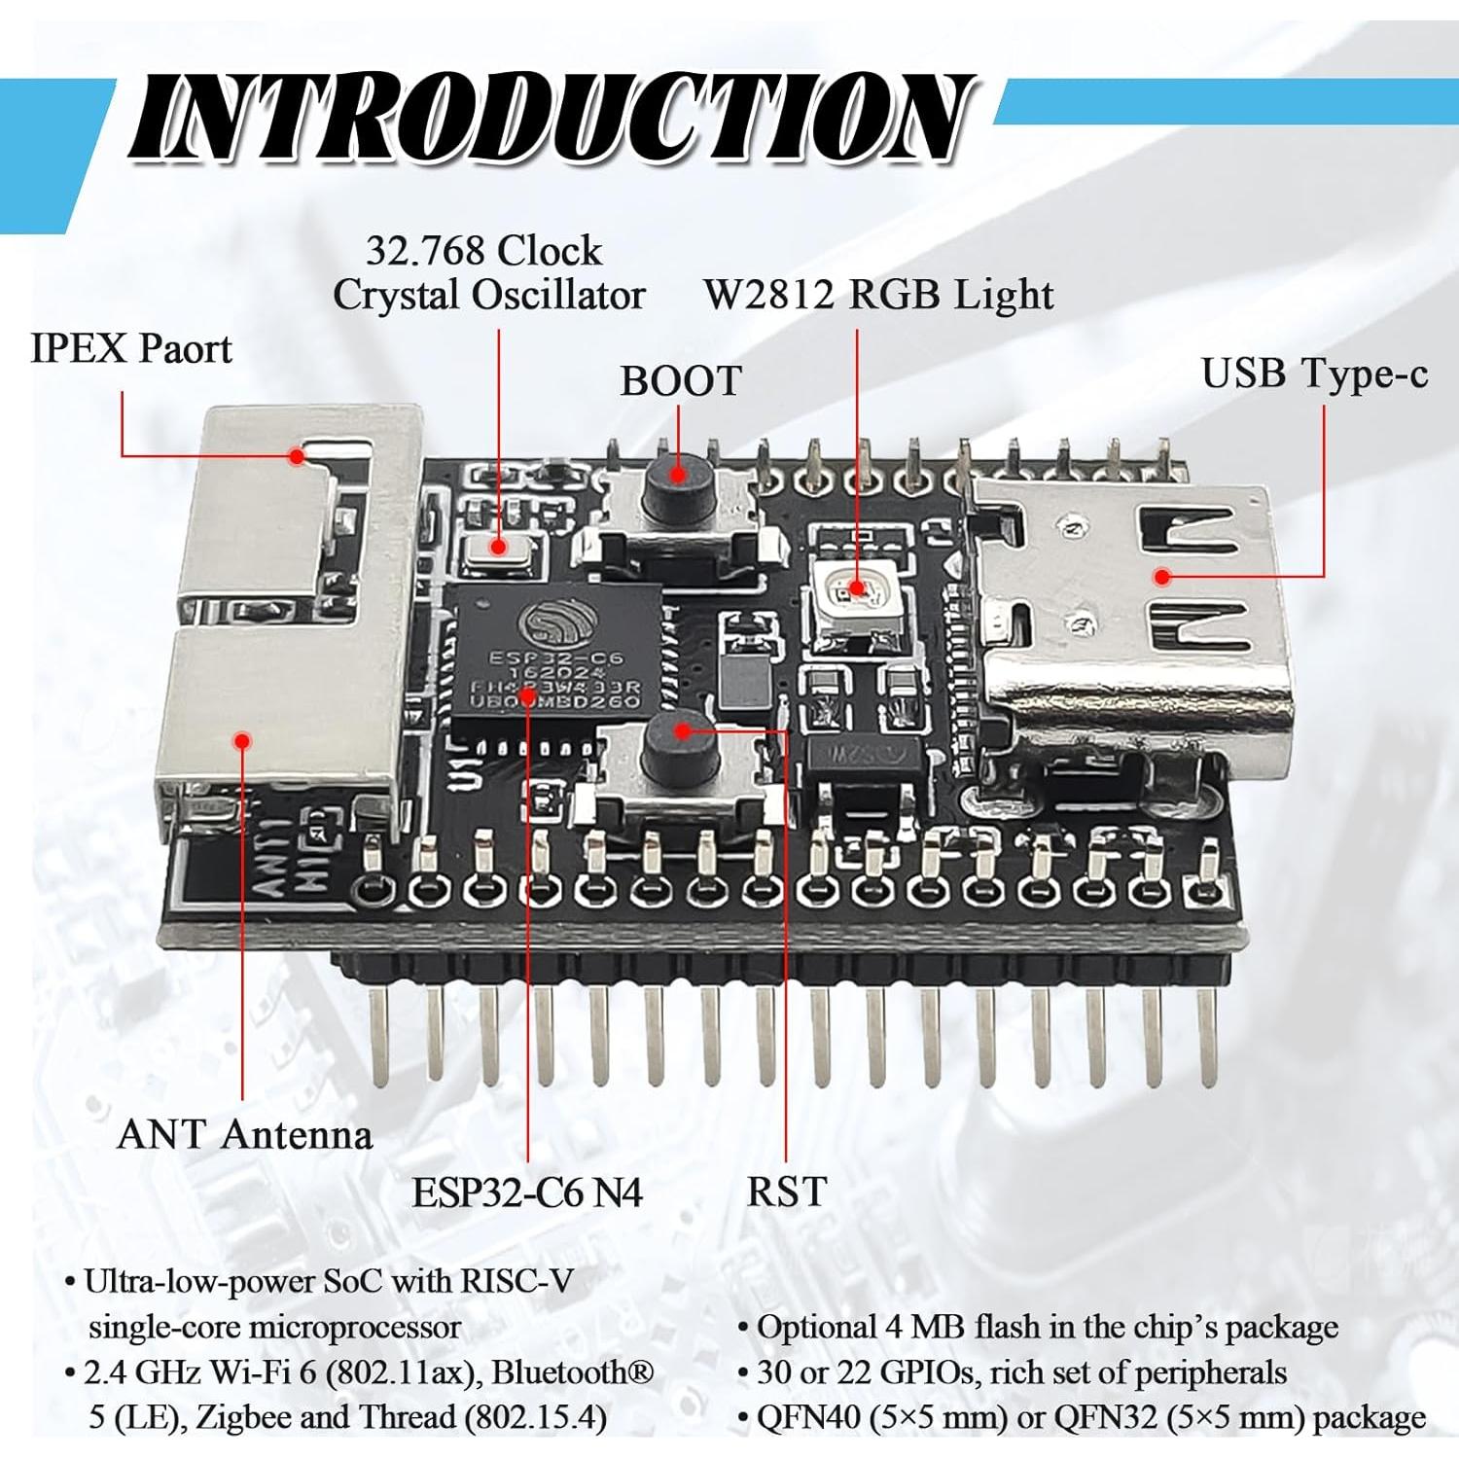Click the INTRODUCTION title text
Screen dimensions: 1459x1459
point(552,119)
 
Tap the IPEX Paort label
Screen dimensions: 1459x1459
point(131,349)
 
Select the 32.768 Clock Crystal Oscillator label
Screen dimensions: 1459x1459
point(488,273)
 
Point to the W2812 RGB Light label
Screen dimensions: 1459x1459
point(878,295)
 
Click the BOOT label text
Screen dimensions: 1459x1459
point(681,381)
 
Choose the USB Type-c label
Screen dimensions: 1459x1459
point(1314,374)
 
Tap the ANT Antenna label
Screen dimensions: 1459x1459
point(244,1135)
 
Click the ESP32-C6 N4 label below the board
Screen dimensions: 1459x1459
point(527,1192)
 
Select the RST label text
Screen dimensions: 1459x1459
point(786,1192)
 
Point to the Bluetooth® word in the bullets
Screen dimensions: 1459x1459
point(572,1372)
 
